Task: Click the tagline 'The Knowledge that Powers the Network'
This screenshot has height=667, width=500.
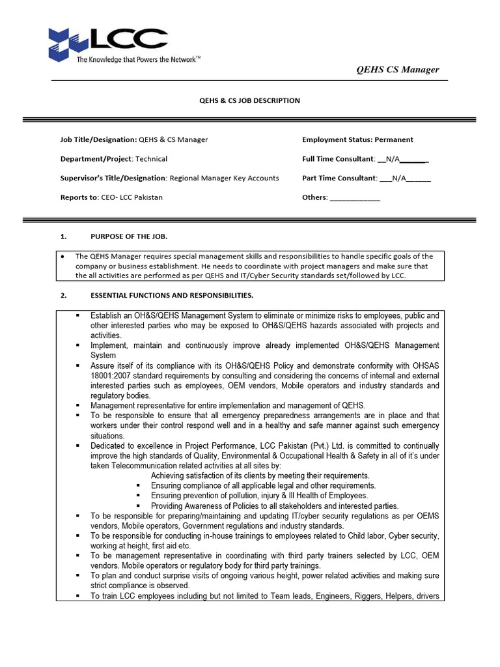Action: click(x=139, y=59)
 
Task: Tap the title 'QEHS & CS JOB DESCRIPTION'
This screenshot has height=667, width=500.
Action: click(x=249, y=100)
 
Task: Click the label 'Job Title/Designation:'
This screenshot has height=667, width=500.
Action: click(x=98, y=139)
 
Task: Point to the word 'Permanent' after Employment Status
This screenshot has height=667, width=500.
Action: click(x=393, y=139)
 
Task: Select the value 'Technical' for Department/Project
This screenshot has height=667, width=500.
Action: click(x=151, y=159)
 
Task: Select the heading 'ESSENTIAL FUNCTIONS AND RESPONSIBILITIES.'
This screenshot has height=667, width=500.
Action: click(x=172, y=296)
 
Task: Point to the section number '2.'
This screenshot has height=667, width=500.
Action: click(x=64, y=296)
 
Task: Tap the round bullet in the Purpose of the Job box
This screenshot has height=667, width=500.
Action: click(x=62, y=257)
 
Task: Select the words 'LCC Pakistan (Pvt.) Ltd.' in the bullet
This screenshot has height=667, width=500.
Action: click(x=296, y=446)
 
